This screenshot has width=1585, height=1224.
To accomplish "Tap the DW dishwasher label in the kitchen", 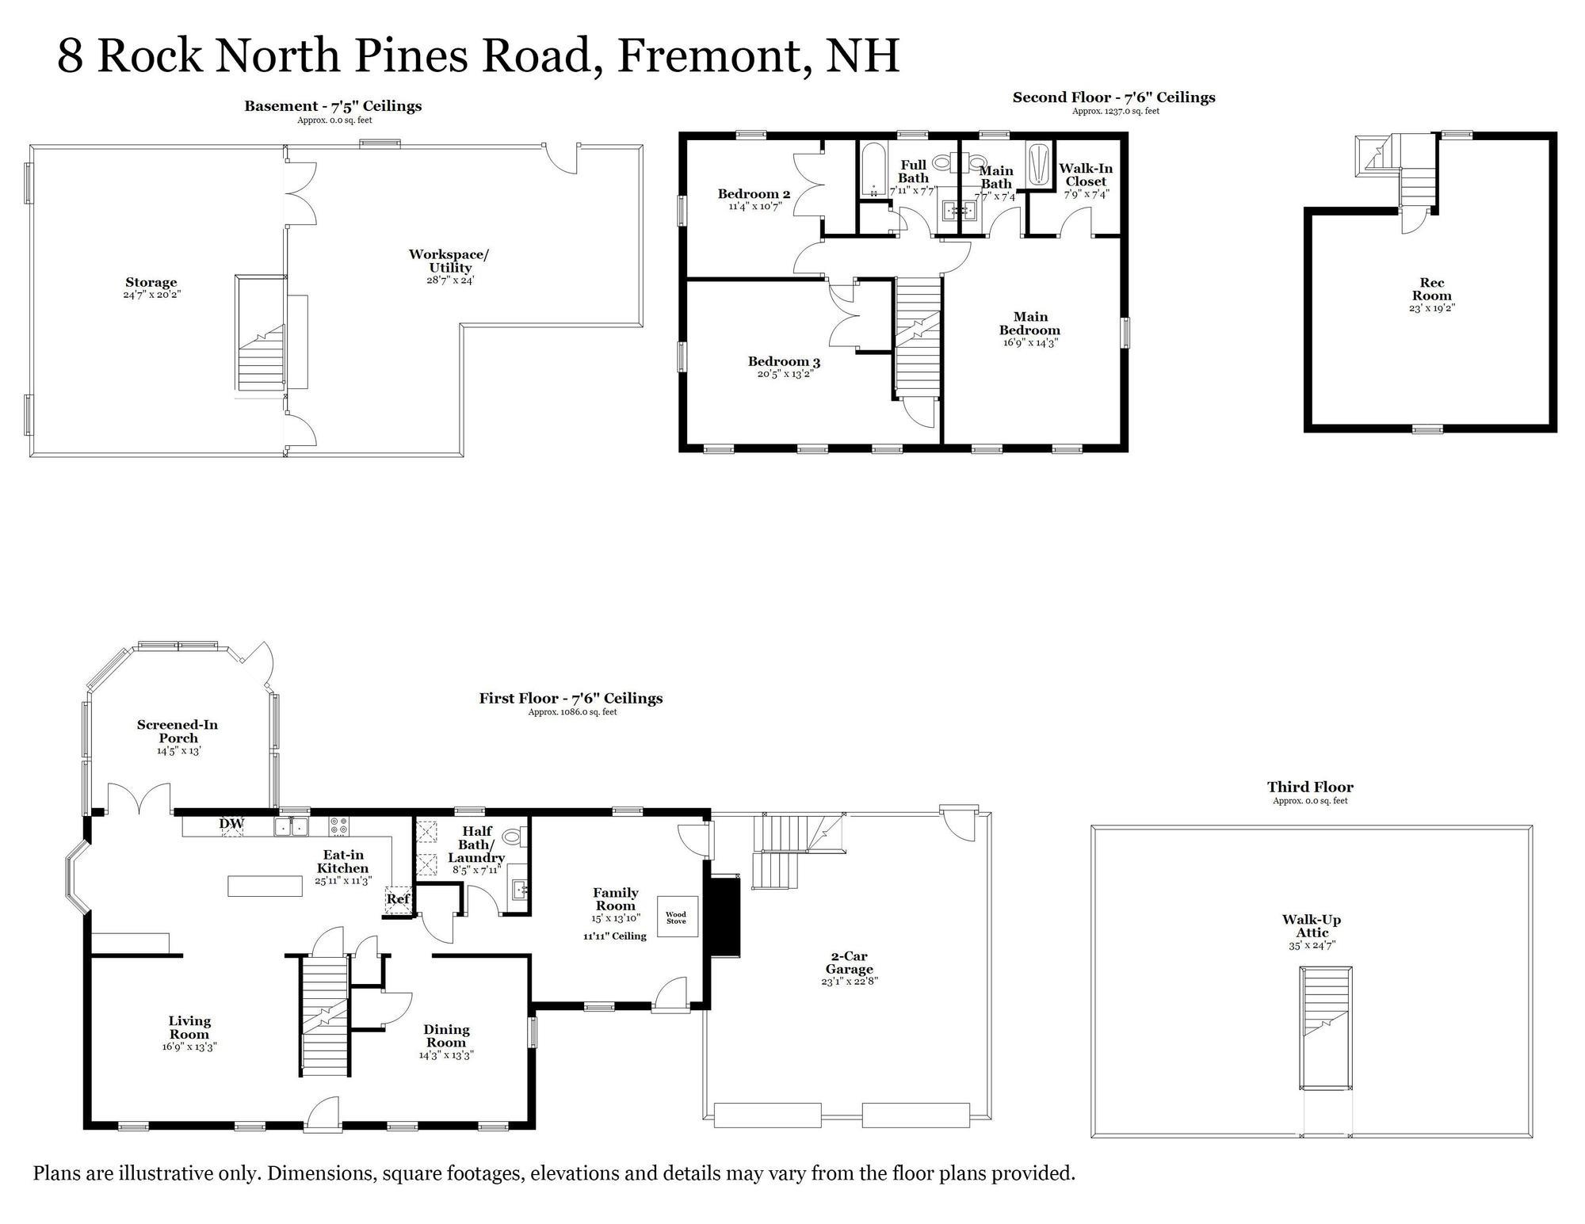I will [231, 824].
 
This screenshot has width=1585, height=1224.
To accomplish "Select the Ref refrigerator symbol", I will [398, 899].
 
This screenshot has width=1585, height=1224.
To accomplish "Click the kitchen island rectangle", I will [265, 886].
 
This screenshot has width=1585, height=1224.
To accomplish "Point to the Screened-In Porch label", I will [178, 731].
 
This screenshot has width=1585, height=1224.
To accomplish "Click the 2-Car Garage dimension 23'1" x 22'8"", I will [850, 981].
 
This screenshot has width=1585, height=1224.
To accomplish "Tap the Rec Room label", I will [1431, 289].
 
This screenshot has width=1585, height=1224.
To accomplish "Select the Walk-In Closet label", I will [1086, 174].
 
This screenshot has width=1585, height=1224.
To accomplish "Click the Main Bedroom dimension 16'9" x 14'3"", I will [1029, 343].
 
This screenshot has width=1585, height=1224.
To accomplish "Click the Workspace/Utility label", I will [449, 261].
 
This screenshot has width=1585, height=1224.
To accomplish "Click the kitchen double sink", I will [292, 827].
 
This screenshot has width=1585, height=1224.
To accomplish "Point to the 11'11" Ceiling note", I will [614, 936].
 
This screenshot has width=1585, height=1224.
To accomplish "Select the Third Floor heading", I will [1310, 787].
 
